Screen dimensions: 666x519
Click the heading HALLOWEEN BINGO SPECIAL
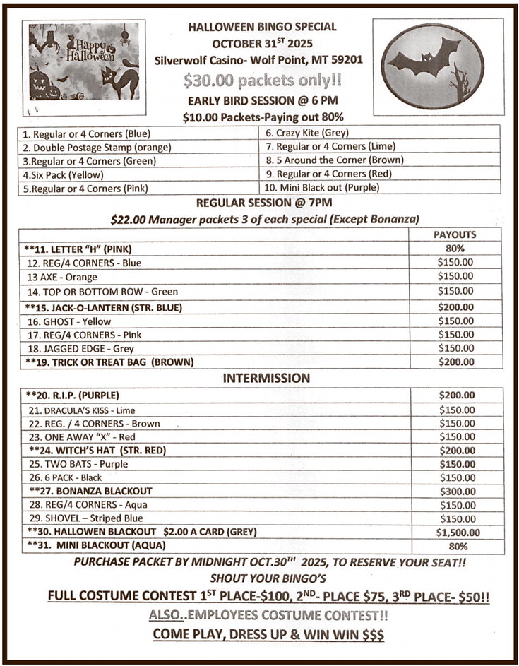point(262,27)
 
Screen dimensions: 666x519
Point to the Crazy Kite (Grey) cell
point(307,133)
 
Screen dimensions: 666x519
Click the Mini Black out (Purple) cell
point(321,188)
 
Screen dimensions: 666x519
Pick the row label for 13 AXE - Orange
point(62,277)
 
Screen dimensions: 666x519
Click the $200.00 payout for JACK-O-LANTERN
point(455,307)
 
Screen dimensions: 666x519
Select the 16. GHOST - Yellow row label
point(69,321)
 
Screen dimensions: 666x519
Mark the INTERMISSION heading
point(266,378)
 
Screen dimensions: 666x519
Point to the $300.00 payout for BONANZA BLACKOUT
point(456,492)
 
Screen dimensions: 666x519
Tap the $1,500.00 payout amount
point(458,533)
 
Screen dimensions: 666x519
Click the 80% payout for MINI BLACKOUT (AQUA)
point(456,547)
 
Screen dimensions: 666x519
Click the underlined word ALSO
point(165,615)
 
